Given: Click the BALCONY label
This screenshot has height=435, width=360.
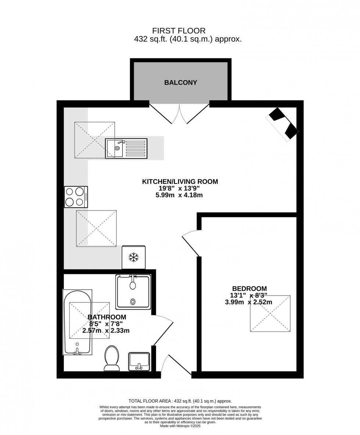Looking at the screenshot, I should [x=180, y=83].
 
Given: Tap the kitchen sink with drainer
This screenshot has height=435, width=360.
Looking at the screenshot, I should [x=126, y=149].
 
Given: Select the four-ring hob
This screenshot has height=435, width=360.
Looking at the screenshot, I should [x=76, y=197].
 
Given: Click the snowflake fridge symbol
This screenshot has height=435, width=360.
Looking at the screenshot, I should [x=134, y=257].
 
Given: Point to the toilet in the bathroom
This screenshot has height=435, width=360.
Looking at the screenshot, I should [x=112, y=358].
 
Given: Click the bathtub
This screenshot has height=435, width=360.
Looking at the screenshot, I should [x=77, y=322].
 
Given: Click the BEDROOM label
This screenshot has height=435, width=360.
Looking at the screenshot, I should [x=249, y=289].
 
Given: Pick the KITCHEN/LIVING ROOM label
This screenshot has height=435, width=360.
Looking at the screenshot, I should [x=180, y=181].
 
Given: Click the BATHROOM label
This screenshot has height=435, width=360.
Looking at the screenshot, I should [x=107, y=317].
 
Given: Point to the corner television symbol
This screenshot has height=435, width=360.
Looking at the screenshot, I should [x=282, y=124].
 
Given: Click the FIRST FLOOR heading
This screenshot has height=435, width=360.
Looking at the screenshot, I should [x=179, y=31].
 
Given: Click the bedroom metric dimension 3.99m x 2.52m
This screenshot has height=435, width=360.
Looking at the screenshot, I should [x=248, y=302].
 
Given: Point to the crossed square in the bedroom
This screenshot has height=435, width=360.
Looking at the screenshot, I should [x=270, y=314].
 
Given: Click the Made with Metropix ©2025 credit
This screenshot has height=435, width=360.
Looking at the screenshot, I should [x=180, y=426].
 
